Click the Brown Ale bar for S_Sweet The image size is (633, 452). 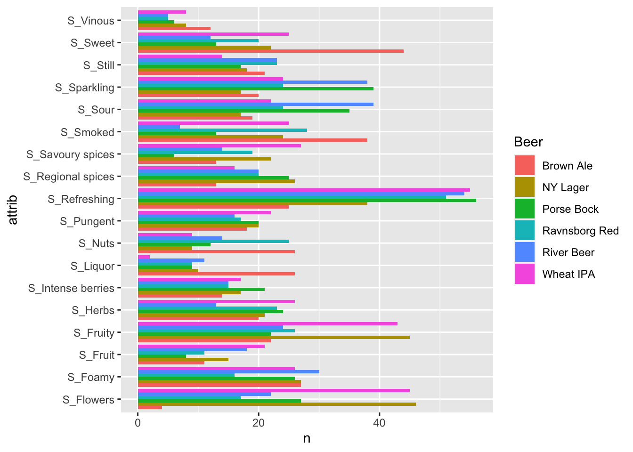(270, 51)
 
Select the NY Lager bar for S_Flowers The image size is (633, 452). (276, 404)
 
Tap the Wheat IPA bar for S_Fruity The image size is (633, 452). (267, 324)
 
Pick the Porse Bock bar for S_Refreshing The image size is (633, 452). (307, 201)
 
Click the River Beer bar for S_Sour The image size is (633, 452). (255, 104)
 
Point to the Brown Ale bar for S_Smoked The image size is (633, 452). (252, 140)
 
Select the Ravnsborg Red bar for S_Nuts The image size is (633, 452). (213, 242)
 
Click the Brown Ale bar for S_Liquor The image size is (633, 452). (216, 274)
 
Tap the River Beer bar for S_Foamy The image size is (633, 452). (228, 371)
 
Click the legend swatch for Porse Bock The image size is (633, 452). (524, 209)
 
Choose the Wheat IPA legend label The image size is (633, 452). (568, 274)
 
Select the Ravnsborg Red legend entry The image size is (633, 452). (580, 231)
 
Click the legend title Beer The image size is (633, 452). (528, 142)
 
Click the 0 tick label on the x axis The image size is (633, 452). (138, 423)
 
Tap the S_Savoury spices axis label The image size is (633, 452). (70, 154)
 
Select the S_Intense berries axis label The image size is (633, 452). (71, 288)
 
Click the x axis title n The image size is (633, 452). (307, 439)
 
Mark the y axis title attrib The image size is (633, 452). (13, 210)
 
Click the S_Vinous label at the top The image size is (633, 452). (91, 21)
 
